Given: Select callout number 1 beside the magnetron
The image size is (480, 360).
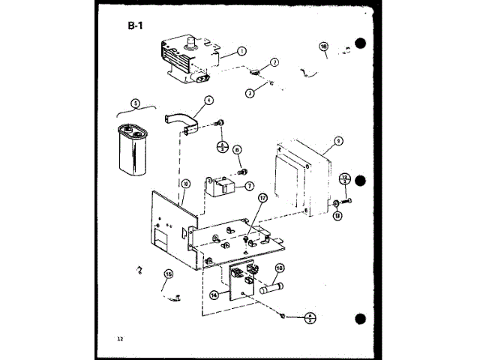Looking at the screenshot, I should coord(241,51).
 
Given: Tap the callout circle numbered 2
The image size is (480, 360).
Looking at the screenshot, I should coord(274,62).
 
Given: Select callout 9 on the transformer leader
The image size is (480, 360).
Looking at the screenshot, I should coord(338,140).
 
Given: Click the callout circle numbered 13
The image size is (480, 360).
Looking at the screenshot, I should coord(337,216).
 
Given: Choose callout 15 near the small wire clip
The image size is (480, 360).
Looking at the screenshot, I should coord(168,274).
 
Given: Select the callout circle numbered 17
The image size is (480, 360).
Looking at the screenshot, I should coord(262,198).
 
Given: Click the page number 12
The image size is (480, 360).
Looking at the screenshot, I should coord(119,338).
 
